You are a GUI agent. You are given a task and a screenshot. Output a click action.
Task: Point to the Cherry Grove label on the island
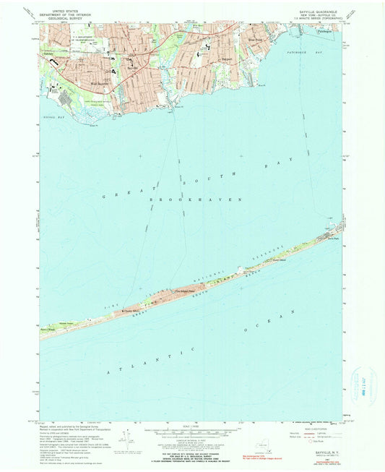point(133,312)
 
